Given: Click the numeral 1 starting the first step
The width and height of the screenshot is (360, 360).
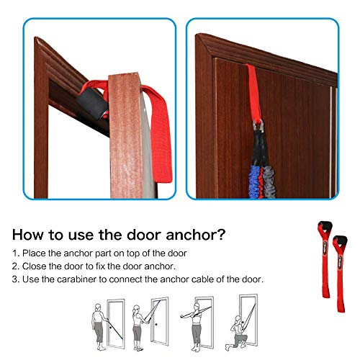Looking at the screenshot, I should (14, 253).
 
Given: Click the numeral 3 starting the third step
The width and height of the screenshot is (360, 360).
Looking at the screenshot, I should (14, 279).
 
